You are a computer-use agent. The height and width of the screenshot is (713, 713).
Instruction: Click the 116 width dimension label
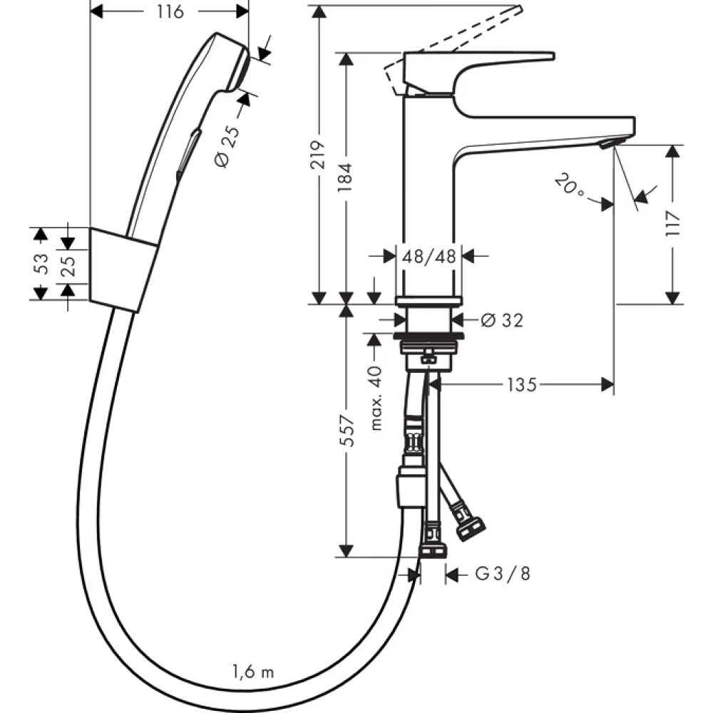(x=170, y=11)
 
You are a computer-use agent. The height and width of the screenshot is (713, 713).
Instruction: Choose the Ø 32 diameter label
(x=502, y=321)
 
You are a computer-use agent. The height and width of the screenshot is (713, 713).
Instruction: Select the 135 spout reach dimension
(x=522, y=385)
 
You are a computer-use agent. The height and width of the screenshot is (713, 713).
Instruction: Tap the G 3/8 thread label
(x=503, y=574)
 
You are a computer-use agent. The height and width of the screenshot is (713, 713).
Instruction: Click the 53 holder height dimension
(x=41, y=264)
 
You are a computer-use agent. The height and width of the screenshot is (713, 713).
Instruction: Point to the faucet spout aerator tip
(x=607, y=145)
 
